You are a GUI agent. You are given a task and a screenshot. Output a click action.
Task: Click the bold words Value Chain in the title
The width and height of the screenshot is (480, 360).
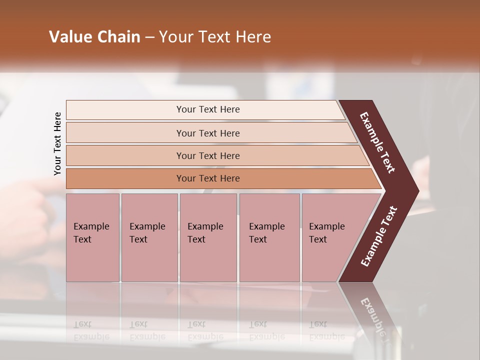tap(94, 37)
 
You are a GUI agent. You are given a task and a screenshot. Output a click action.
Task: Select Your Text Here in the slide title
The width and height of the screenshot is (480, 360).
tap(215, 37)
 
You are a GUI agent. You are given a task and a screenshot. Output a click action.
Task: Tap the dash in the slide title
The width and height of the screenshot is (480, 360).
tap(149, 37)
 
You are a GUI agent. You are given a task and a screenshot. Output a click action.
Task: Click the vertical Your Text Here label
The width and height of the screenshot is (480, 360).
tap(57, 143)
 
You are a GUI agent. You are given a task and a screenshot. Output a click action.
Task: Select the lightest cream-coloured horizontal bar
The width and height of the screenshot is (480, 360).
tap(207, 109)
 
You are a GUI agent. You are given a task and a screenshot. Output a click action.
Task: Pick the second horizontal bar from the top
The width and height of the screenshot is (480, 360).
tap(207, 133)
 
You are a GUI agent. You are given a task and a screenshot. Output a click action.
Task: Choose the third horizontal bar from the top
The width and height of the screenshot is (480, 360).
tap(207, 155)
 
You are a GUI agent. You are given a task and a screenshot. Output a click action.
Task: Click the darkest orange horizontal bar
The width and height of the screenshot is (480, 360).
tap(207, 178)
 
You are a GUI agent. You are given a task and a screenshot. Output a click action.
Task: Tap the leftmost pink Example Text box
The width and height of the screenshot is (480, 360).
tap(92, 237)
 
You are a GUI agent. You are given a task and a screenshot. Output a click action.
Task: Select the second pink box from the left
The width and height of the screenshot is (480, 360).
tap(149, 237)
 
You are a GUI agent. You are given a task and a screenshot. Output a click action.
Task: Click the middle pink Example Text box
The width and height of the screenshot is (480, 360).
tap(208, 237)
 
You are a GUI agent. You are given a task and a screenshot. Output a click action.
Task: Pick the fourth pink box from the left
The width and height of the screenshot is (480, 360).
tap(269, 237)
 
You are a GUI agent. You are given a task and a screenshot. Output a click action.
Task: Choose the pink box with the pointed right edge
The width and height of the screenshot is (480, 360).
tap(332, 237)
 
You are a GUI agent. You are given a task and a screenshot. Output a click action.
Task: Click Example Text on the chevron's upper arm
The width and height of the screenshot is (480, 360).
tap(377, 143)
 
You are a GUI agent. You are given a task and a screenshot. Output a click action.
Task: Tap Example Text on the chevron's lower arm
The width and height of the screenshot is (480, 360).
tap(378, 236)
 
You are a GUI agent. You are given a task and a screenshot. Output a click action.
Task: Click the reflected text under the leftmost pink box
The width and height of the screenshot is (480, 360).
tap(91, 330)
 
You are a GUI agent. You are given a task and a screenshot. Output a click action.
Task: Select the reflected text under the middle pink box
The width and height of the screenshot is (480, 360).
tap(205, 330)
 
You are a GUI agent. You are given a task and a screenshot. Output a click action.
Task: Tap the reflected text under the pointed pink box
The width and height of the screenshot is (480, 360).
tap(326, 330)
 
